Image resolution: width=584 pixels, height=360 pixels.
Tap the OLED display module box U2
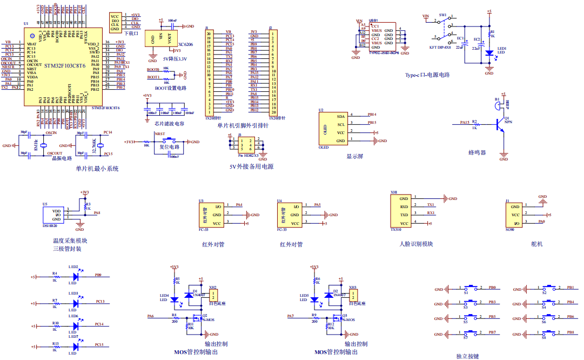pos(333,128)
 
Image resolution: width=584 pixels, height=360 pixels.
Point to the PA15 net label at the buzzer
pos(465,123)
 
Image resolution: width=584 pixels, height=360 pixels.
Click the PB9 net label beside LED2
pos(98,275)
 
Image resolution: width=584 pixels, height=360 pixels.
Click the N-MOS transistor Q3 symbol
pos(338,317)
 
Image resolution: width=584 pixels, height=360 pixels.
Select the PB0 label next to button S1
pos(492,288)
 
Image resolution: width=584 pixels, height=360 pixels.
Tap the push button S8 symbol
pos(551,332)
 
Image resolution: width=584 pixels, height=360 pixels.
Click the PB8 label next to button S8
pos(570,332)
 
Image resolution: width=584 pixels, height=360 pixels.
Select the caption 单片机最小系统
pos(97,169)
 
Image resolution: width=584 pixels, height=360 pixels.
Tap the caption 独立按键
pos(467,356)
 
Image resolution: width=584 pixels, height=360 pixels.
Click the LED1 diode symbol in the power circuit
pos(489,53)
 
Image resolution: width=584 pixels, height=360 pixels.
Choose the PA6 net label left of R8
pos(150,316)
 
